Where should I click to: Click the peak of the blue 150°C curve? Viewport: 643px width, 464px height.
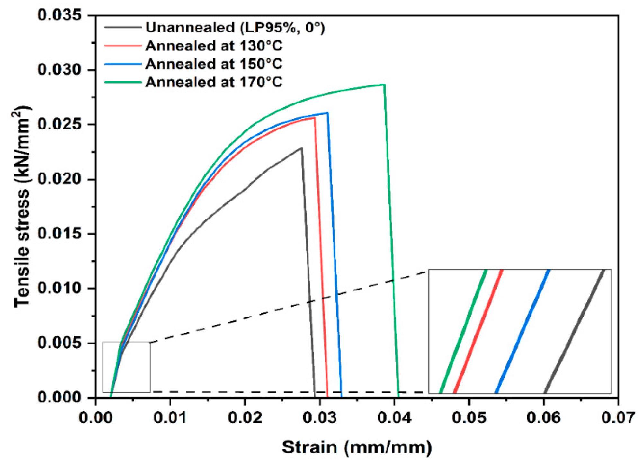tap(327, 113)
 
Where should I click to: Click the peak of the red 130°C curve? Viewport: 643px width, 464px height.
tap(314, 118)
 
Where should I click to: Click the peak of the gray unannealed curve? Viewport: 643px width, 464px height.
tap(301, 148)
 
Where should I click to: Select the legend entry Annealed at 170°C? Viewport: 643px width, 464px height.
tap(214, 82)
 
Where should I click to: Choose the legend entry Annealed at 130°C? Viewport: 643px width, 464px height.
tap(214, 46)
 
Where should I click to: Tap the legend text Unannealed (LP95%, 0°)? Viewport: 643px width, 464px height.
tap(235, 28)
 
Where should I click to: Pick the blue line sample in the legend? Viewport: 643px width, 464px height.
tap(123, 64)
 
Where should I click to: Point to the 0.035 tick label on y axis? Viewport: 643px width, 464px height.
tap(60, 15)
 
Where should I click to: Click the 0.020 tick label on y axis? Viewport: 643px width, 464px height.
tap(60, 179)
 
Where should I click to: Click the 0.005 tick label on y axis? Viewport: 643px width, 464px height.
tap(60, 343)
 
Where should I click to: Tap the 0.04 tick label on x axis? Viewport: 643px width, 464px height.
tap(394, 417)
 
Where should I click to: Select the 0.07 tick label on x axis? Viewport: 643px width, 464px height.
tap(618, 417)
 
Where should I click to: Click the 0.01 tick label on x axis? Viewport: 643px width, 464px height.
tap(170, 417)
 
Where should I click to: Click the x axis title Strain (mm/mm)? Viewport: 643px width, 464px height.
tap(357, 447)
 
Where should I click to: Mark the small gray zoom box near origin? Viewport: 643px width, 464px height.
tap(127, 367)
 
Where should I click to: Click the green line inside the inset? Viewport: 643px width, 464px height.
tap(463, 331)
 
